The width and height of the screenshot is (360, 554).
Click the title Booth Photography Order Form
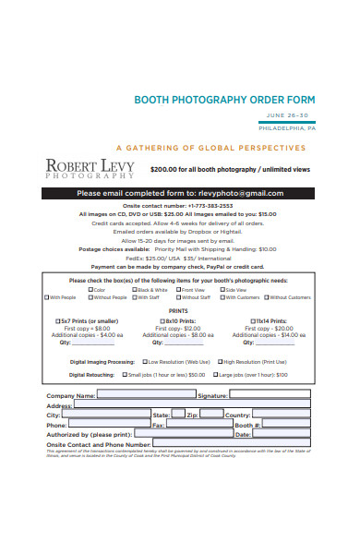225,100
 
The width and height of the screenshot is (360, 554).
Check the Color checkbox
90,290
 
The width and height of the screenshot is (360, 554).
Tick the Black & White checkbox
134,290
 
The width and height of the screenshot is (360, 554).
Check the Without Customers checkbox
268,297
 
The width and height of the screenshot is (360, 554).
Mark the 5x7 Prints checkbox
58,320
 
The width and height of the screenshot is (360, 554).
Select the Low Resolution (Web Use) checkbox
144,363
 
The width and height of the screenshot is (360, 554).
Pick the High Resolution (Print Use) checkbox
220,363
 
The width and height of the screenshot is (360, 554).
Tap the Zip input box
210,415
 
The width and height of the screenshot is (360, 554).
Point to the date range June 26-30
291,115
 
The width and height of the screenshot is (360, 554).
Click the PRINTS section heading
179,310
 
